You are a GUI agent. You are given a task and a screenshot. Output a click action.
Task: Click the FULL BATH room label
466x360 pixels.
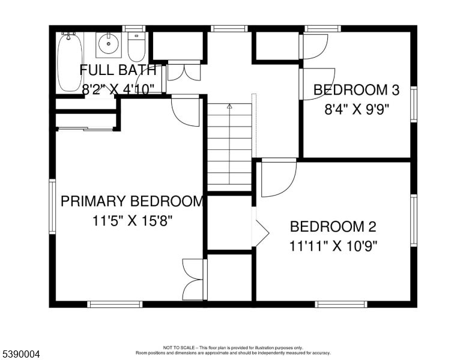(x=118, y=70)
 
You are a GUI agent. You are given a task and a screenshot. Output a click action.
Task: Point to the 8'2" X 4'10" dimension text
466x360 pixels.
(x=118, y=88)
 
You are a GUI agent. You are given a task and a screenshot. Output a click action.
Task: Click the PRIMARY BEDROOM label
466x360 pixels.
(x=132, y=201)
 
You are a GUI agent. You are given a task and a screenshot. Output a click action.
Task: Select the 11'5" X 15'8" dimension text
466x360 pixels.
(x=133, y=220)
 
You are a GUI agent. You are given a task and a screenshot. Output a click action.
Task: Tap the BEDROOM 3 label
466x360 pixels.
(x=357, y=90)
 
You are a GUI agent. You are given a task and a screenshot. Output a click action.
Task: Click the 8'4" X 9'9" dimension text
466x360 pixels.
(x=357, y=110)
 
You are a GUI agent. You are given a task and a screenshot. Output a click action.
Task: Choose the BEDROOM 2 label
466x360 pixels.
(x=333, y=227)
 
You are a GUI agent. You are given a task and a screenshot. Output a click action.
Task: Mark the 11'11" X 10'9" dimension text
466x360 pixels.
(x=333, y=245)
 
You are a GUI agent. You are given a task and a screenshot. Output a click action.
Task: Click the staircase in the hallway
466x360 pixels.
(x=229, y=147)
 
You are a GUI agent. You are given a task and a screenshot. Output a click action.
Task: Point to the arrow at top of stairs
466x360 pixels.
(x=229, y=106)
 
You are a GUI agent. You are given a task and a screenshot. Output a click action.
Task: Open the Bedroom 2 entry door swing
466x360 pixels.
(x=277, y=177)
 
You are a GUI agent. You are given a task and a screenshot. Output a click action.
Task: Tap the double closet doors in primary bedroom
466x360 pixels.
(x=193, y=279)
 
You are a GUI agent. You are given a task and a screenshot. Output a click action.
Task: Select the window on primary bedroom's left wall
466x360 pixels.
(x=52, y=206)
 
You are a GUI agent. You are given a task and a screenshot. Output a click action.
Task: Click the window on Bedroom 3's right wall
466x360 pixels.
(x=413, y=104)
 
